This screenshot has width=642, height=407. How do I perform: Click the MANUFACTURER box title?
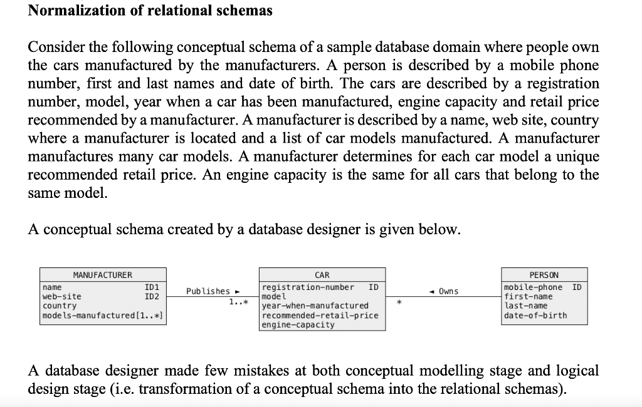click(103, 275)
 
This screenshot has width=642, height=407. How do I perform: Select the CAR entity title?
click(322, 275)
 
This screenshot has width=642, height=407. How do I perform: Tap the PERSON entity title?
click(544, 275)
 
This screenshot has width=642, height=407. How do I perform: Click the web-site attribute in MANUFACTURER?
click(61, 296)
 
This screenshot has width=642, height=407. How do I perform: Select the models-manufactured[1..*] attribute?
click(103, 315)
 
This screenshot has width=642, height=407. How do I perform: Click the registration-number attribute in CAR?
click(308, 287)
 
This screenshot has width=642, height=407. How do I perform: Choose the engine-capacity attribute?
click(298, 325)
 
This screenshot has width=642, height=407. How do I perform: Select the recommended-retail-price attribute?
click(320, 316)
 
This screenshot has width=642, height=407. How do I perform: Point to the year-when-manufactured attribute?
click(315, 306)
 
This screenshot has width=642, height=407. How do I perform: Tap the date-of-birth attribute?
click(535, 316)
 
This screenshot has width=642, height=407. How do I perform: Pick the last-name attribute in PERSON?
click(526, 306)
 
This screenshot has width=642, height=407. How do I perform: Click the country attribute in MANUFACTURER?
click(59, 306)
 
